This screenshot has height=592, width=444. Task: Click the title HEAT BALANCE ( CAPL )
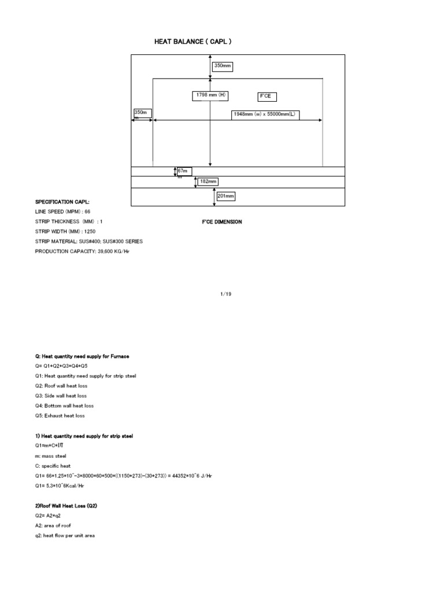click(194, 42)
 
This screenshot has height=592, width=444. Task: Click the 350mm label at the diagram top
click(223, 66)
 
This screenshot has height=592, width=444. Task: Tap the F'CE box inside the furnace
click(265, 96)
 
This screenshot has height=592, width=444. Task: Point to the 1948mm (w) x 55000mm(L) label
click(264, 114)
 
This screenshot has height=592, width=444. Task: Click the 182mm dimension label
click(208, 182)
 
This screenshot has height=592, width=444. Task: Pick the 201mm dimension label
click(225, 197)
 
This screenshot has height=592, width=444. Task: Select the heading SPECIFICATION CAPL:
click(62, 202)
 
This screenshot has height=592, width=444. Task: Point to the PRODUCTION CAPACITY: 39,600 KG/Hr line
click(82, 251)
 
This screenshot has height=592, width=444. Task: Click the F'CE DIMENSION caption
click(221, 222)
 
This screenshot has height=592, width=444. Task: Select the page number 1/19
click(222, 294)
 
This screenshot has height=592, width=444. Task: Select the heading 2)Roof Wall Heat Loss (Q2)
click(66, 506)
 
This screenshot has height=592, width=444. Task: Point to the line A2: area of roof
click(54, 526)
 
